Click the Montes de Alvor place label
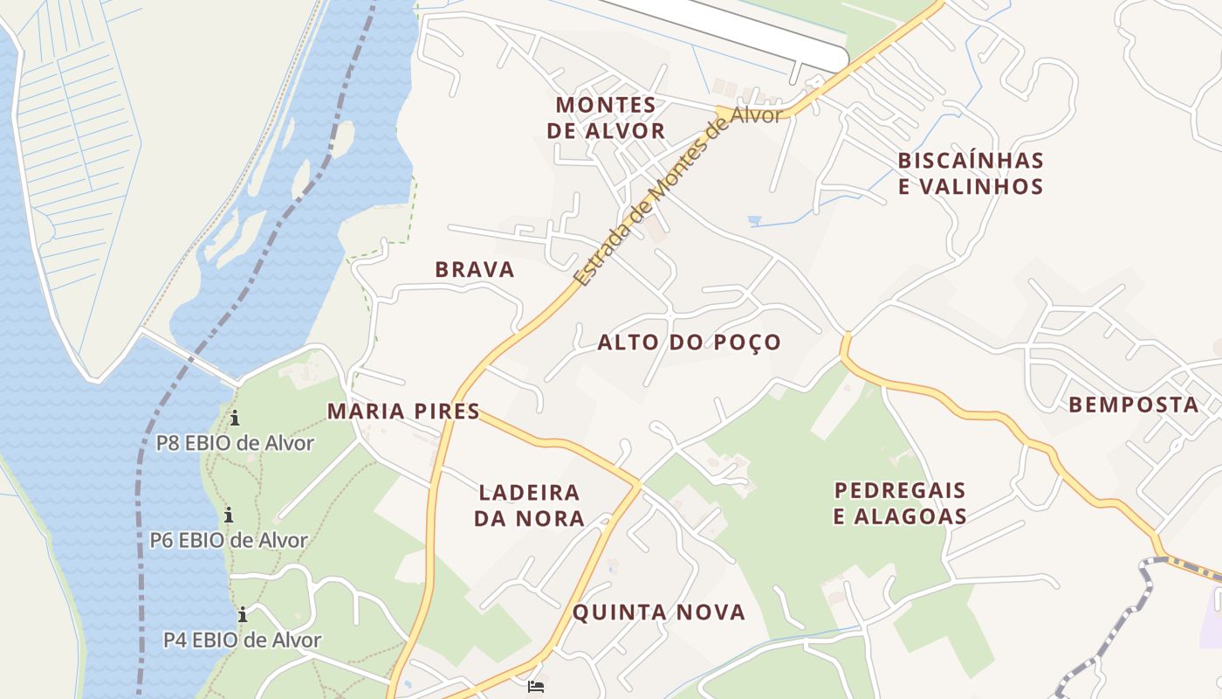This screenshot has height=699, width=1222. tap(605, 118)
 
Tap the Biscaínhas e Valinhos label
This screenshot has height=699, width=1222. tap(970, 173)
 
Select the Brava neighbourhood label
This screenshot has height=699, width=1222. tap(475, 269)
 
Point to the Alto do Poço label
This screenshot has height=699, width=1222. tap(689, 342)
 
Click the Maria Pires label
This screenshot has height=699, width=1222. tap(403, 411)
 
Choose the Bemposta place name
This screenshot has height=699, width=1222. tap(1133, 405)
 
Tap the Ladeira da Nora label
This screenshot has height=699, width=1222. tap(529, 505)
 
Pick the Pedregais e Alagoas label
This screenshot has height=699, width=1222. tap(900, 502)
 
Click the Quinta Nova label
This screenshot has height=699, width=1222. tap(659, 612)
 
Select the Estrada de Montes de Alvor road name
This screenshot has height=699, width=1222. tap(676, 197)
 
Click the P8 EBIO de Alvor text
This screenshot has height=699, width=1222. tap(234, 443)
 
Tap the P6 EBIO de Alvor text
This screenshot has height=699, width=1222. tap(229, 540)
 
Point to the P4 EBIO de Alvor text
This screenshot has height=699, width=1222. tap(242, 640)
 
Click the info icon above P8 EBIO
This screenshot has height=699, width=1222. tap(234, 418)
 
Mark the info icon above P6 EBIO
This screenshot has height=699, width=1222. tap(229, 515)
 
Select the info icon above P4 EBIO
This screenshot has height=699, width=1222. tap(242, 614)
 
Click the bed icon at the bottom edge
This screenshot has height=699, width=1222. tap(536, 686)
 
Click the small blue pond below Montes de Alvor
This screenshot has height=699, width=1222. tap(754, 220)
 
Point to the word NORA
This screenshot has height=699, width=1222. tap(549, 518)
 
